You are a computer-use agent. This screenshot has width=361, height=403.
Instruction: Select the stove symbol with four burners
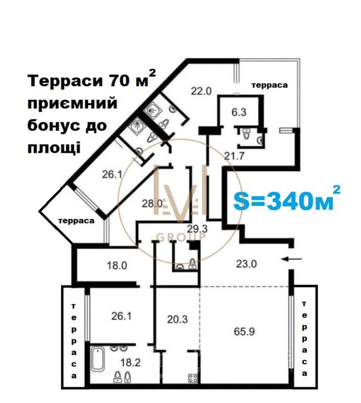tap(193, 378)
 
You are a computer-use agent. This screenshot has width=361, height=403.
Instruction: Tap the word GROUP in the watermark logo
tap(180, 237)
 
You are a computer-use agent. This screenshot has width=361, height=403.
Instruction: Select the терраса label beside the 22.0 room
tap(269, 85)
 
